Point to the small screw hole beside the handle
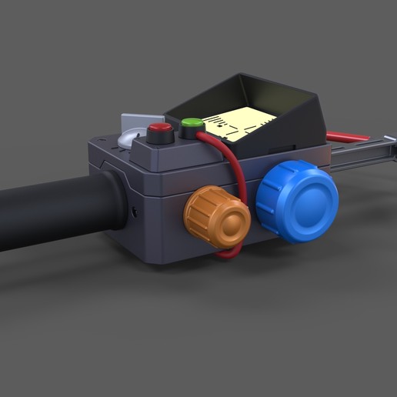(136, 210)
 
